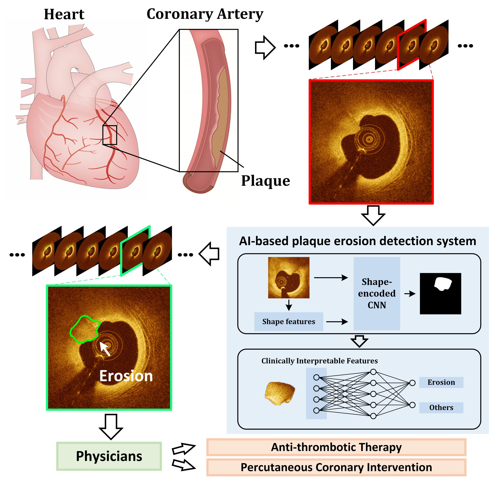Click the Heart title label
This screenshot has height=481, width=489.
(x=64, y=14)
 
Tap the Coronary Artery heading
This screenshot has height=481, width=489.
(x=205, y=14)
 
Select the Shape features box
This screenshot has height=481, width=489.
(x=288, y=322)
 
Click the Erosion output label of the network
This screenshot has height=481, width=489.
(x=441, y=382)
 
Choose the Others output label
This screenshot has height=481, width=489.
(x=441, y=407)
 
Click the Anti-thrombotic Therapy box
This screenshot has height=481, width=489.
(x=336, y=447)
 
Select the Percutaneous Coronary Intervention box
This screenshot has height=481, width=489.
(x=336, y=467)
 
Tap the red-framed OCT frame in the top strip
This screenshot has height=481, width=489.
(x=412, y=45)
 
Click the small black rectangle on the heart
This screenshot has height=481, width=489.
(x=110, y=135)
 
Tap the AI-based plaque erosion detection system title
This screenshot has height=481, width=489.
(x=357, y=241)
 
